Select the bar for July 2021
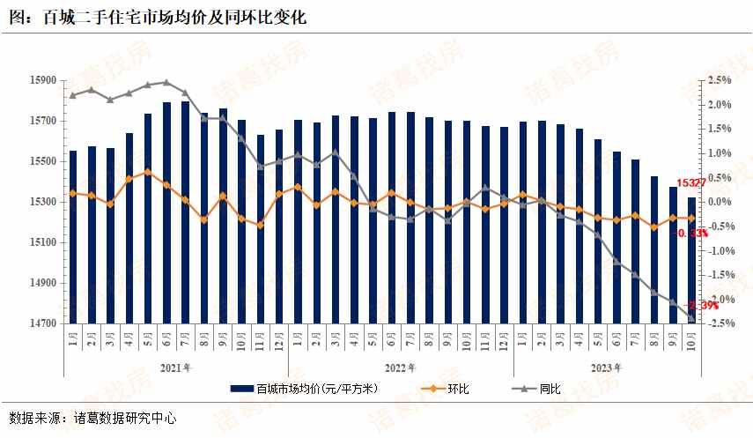(185, 212)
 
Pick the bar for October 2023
(691, 260)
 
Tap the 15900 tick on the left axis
(43, 80)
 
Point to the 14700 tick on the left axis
(43, 323)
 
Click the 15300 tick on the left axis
(43, 202)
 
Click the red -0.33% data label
(692, 234)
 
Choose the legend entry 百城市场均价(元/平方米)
(305, 388)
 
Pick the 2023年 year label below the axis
(606, 367)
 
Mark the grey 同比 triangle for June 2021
(166, 82)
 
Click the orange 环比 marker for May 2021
(148, 172)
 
